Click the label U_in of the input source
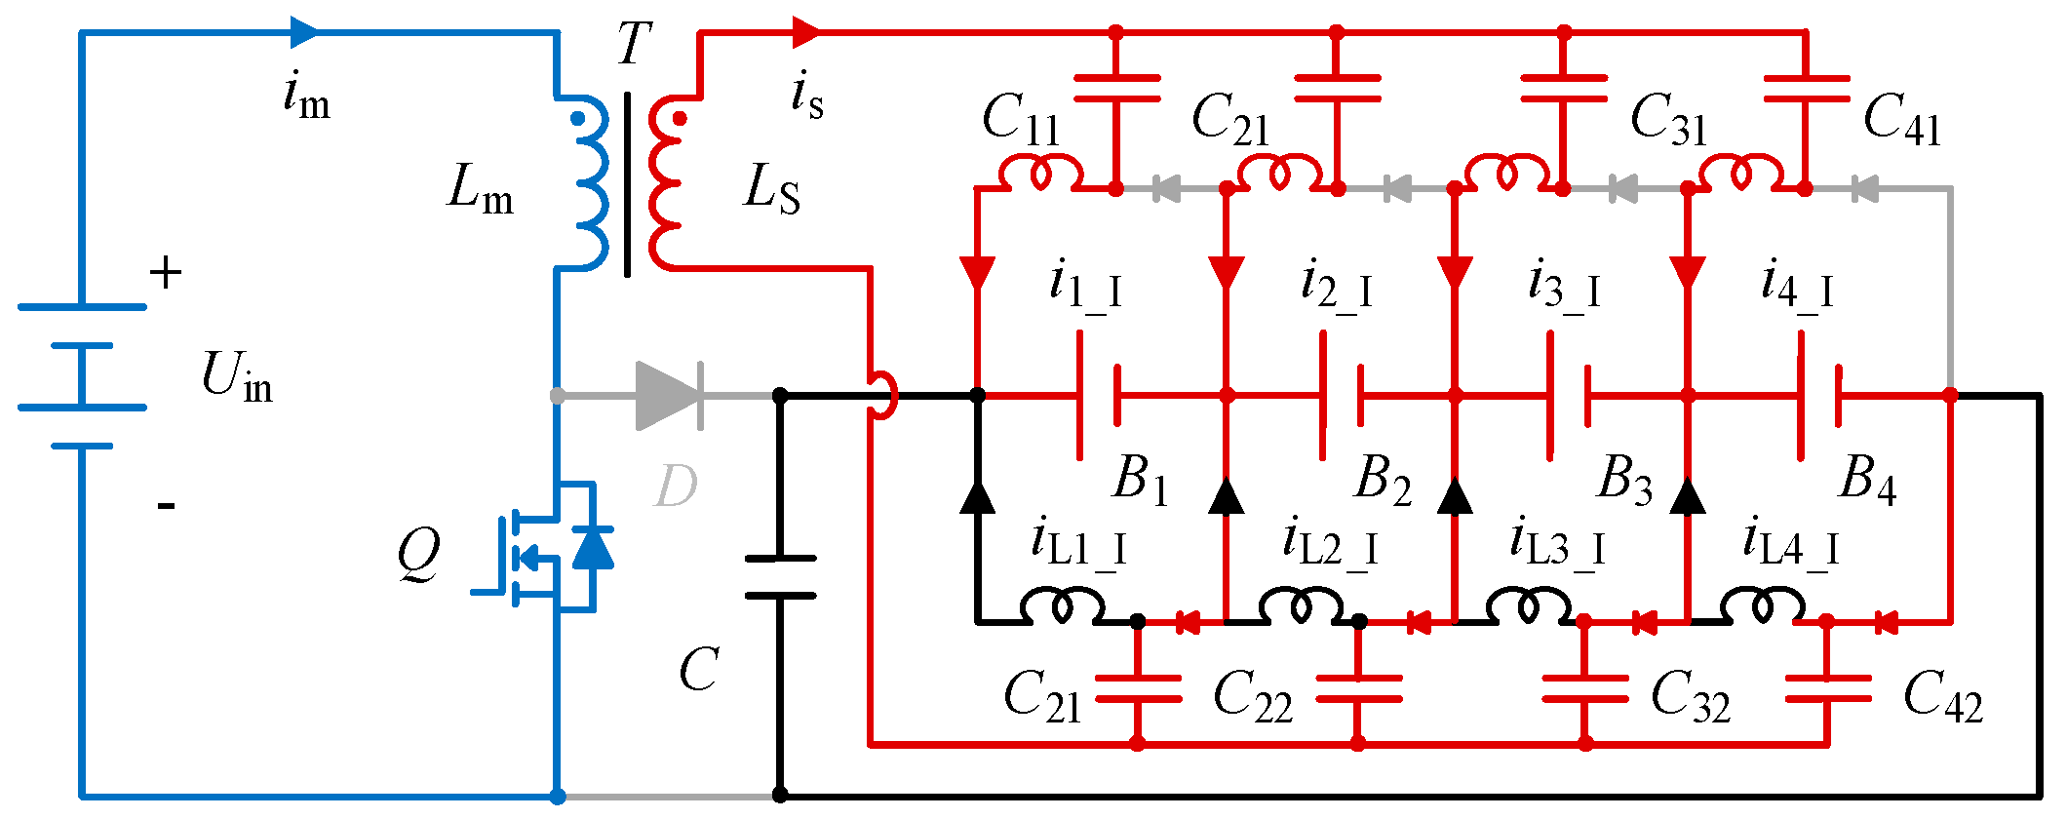pyautogui.click(x=237, y=375)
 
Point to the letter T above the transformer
pyautogui.click(x=634, y=43)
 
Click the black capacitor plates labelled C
pyautogui.click(x=780, y=577)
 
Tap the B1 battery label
pyautogui.click(x=1140, y=480)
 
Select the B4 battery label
pyautogui.click(x=1868, y=480)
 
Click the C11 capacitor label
pyautogui.click(x=1020, y=119)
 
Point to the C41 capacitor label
pyautogui.click(x=1902, y=119)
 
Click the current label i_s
pyautogui.click(x=807, y=96)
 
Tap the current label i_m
pyautogui.click(x=306, y=96)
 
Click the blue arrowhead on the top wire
pyautogui.click(x=305, y=32)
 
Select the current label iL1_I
pyautogui.click(x=1079, y=543)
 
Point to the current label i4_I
pyautogui.click(x=1797, y=285)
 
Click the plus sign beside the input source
pyautogui.click(x=166, y=273)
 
